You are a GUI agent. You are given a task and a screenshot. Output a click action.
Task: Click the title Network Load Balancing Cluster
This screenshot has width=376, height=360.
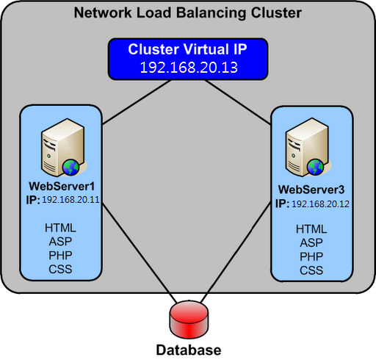(188, 12)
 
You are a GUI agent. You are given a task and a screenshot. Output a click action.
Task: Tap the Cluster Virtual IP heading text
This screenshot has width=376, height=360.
(188, 49)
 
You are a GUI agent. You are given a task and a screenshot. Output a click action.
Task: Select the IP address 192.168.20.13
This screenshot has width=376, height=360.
(189, 68)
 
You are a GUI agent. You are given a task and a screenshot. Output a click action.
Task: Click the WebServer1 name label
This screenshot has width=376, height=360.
(62, 187)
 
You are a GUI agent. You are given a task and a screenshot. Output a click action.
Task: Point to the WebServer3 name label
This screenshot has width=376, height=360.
(311, 190)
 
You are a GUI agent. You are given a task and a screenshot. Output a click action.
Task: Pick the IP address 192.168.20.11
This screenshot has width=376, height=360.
(70, 200)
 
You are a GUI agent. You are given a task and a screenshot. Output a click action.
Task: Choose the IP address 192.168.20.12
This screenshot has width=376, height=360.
(320, 204)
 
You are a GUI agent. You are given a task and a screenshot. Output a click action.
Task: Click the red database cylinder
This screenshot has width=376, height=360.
(189, 320)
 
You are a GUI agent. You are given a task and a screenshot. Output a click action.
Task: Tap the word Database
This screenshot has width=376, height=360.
(189, 350)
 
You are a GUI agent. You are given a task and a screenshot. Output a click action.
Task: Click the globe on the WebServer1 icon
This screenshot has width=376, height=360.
(71, 168)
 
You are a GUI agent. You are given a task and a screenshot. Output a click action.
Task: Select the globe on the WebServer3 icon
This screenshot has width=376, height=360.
(316, 167)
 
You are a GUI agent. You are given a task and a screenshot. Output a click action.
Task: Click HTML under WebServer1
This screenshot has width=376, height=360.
(60, 228)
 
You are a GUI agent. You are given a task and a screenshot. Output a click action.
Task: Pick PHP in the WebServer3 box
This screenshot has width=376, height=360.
(311, 256)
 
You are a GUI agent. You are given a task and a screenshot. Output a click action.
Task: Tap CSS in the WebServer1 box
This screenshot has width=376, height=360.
(60, 269)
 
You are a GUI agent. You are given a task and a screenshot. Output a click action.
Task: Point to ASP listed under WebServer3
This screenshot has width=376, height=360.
(311, 243)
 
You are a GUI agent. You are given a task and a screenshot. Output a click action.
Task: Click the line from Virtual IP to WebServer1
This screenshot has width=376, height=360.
(137, 102)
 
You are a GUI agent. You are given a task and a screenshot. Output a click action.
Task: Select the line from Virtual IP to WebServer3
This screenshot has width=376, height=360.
(238, 102)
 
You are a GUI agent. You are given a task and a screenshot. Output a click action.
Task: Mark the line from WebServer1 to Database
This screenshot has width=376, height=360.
(139, 253)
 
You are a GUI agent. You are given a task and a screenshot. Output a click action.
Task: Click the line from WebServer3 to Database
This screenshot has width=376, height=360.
(236, 253)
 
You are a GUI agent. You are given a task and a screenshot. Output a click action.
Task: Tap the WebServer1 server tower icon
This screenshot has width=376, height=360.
(63, 148)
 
